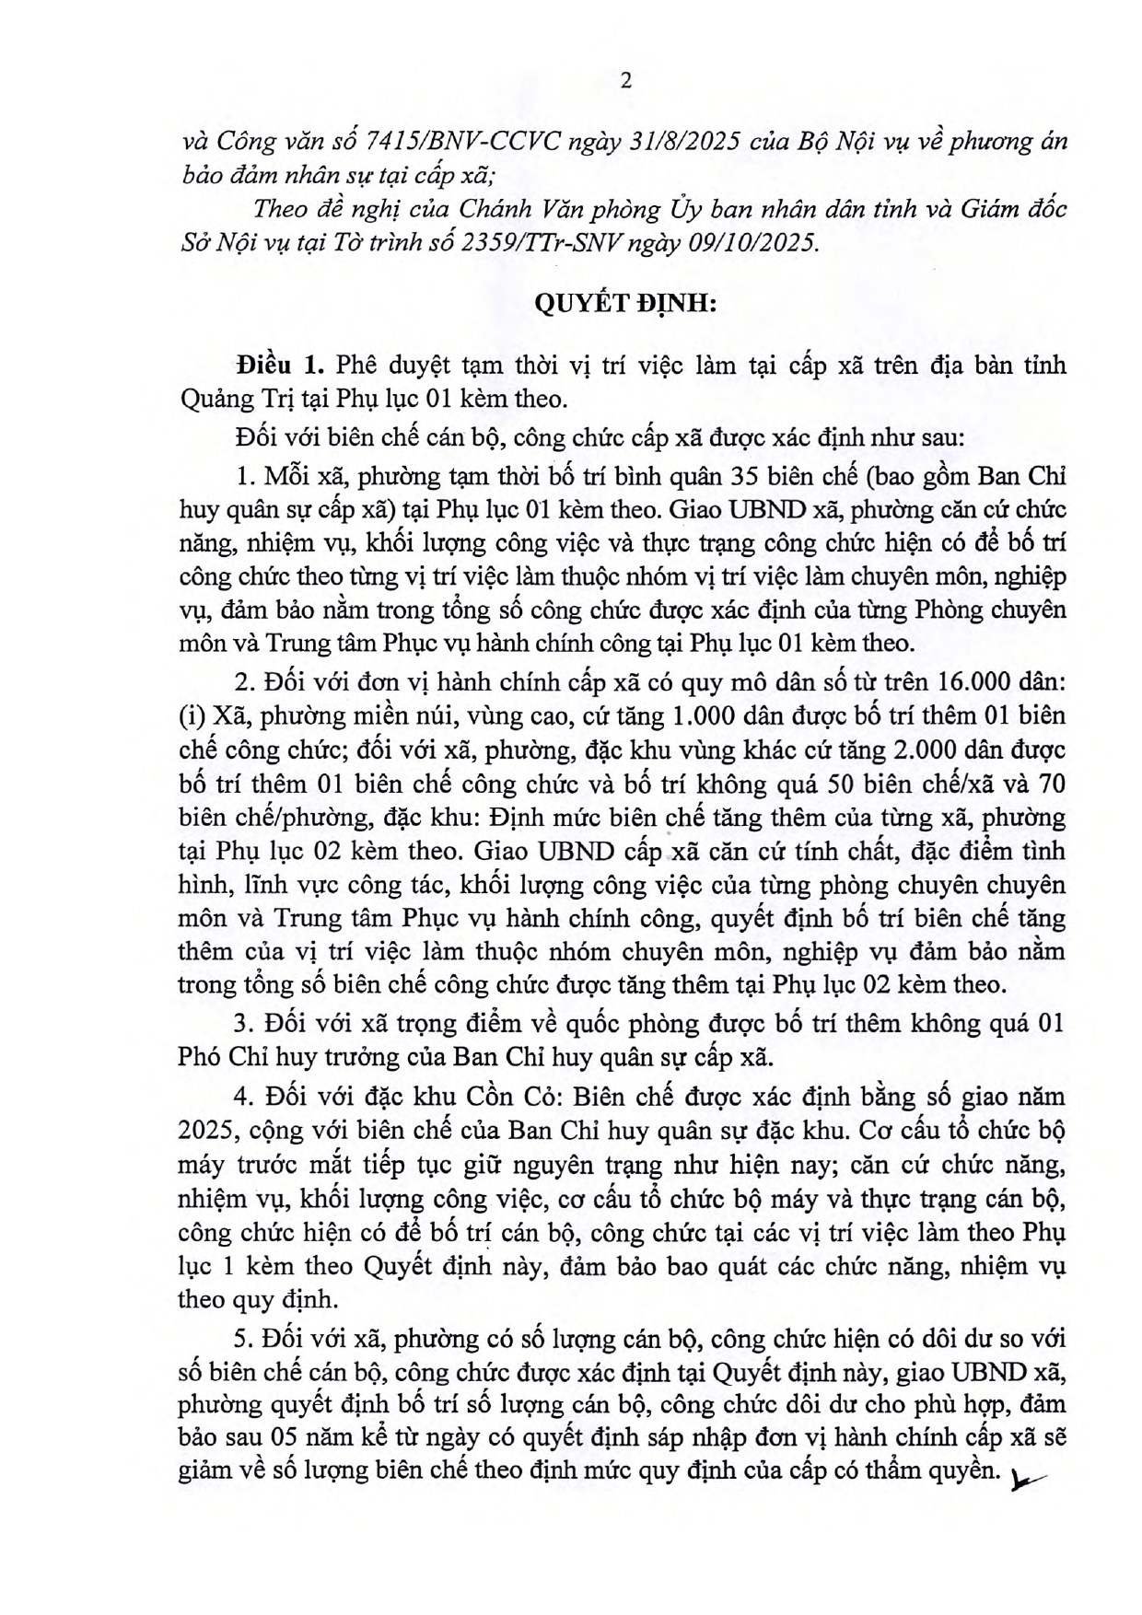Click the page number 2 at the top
point(626,81)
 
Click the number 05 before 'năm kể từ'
point(289,1438)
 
